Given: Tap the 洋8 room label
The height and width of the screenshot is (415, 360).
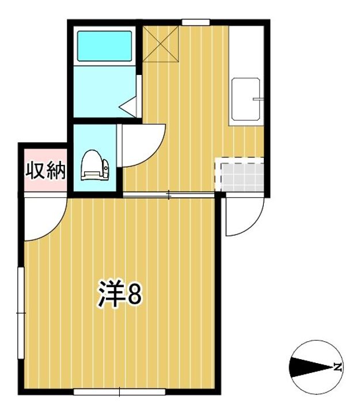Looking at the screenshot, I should tap(118, 295).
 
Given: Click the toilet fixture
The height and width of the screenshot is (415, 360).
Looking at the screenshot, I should tap(92, 166).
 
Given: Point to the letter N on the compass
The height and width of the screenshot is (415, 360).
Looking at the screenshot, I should tap(338, 367).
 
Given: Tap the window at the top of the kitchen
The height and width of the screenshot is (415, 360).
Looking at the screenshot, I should tap(195, 22).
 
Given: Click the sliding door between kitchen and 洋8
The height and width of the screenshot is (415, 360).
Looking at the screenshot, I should tap(168, 196).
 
